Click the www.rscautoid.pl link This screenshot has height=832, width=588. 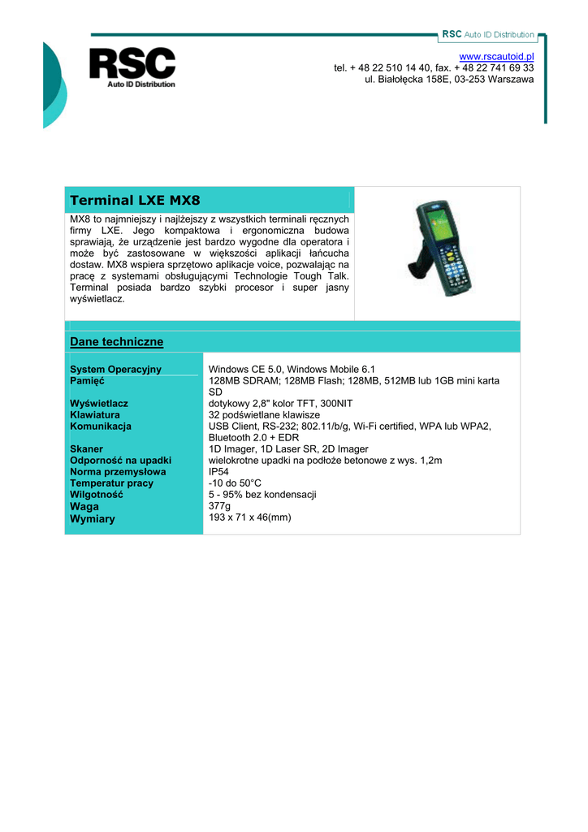[x=496, y=55]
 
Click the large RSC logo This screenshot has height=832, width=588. [x=132, y=65]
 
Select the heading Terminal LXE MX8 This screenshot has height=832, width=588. [x=135, y=200]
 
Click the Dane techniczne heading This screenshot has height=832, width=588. [x=117, y=342]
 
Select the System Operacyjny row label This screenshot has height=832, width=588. [x=116, y=370]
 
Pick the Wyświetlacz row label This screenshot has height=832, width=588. [x=99, y=403]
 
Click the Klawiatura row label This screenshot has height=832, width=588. [x=95, y=414]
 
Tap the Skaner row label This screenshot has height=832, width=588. [x=87, y=448]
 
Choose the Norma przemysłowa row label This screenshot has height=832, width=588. [x=118, y=471]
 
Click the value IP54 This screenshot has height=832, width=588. [x=218, y=471]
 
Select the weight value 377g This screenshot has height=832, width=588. [x=219, y=505]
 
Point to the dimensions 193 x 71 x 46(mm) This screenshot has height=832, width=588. [x=249, y=517]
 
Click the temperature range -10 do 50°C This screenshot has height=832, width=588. [x=235, y=483]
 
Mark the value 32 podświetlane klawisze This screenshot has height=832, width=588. [x=264, y=414]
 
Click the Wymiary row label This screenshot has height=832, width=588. [x=93, y=518]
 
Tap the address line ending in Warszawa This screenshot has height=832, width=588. [x=449, y=80]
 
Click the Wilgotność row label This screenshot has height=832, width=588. [x=97, y=494]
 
